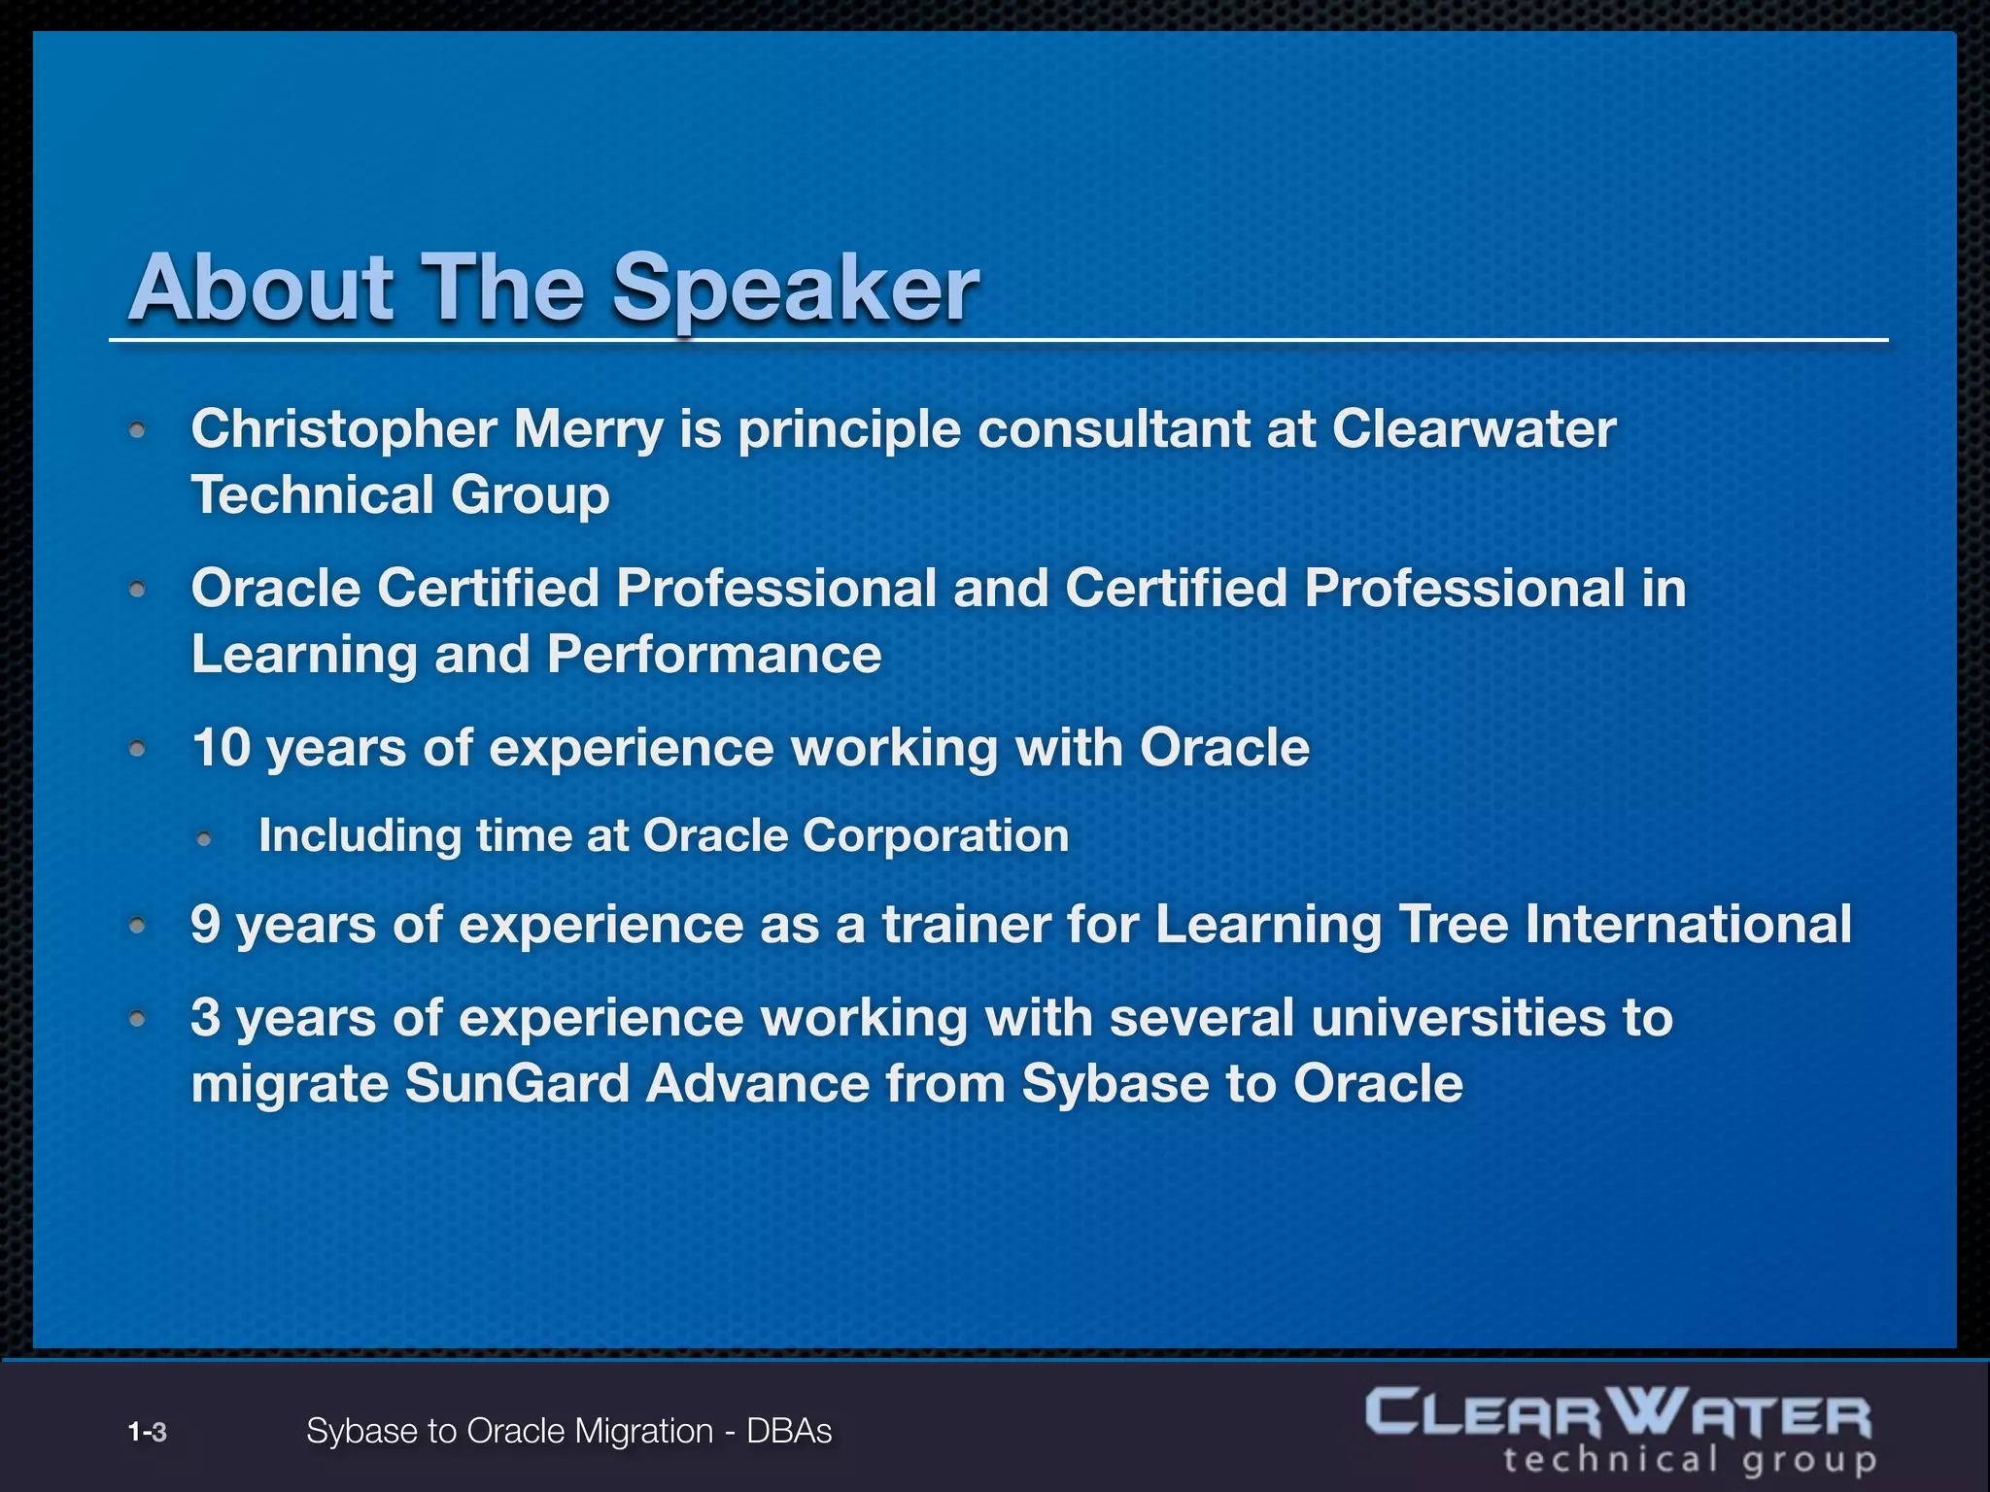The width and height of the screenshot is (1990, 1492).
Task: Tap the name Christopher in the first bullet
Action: point(344,429)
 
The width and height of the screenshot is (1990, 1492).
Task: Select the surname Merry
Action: point(588,429)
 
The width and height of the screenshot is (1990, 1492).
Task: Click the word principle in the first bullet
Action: point(849,429)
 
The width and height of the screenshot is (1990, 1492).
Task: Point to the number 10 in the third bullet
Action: point(222,748)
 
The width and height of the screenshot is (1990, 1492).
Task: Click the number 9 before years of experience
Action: point(206,924)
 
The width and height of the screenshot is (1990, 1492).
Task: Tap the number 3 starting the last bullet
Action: point(206,1018)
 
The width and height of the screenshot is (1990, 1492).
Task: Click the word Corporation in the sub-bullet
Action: point(935,836)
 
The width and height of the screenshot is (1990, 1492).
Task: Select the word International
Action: point(1688,924)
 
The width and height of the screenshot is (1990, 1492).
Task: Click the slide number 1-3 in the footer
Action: point(148,1432)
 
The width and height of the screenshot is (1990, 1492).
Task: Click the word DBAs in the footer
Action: point(789,1432)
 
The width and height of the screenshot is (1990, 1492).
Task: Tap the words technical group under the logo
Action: point(1689,1460)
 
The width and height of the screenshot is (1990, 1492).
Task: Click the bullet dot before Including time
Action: point(204,838)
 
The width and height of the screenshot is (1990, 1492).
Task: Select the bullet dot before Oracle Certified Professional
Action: point(138,590)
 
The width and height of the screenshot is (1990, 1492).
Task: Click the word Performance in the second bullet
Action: point(714,655)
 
